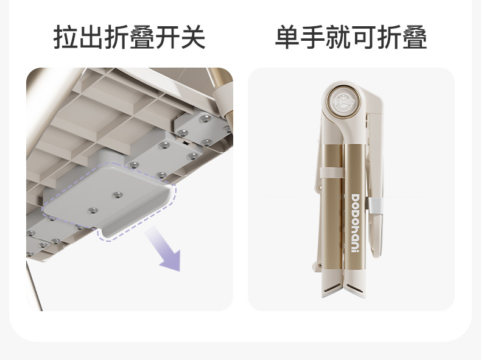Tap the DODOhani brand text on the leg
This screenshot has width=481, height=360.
coord(355,223)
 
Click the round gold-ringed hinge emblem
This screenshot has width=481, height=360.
coord(343,100)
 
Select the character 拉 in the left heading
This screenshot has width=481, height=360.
coord(66,37)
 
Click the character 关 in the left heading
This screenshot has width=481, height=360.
coord(193,37)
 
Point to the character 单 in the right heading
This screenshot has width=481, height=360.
coord(287,37)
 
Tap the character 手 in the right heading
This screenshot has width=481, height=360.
coord(312,37)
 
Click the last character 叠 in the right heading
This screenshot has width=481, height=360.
coord(415,37)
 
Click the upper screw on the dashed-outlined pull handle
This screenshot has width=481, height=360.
coord(117,195)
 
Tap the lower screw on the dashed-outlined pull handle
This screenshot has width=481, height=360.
coord(93,211)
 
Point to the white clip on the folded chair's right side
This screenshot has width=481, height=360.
coord(374,206)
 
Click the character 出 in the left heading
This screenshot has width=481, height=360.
coord(91,37)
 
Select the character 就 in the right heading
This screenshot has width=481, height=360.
coord(338,37)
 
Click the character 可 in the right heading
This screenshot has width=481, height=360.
coord(363,37)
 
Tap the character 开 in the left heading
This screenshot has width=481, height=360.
coord(167,37)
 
